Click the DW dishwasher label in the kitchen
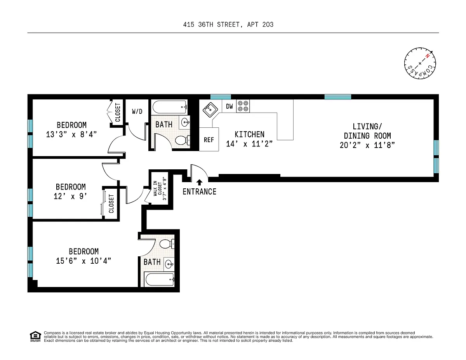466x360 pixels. pyautogui.click(x=229, y=106)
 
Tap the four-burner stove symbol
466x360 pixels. pyautogui.click(x=243, y=106)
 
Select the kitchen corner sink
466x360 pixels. pyautogui.click(x=210, y=110)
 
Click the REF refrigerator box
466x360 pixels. pyautogui.click(x=209, y=139)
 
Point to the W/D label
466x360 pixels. pyautogui.click(x=137, y=111)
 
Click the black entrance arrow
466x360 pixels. pyautogui.click(x=200, y=182)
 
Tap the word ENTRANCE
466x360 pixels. pyautogui.click(x=200, y=192)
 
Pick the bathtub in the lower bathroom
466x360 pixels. pyautogui.click(x=160, y=279)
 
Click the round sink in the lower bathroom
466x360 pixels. pyautogui.click(x=169, y=264)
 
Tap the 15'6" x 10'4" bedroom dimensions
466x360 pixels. pyautogui.click(x=83, y=261)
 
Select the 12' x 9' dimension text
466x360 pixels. pyautogui.click(x=70, y=197)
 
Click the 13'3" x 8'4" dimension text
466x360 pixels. pyautogui.click(x=71, y=135)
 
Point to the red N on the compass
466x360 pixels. pyautogui.click(x=428, y=56)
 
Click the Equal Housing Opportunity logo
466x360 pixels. pyautogui.click(x=35, y=337)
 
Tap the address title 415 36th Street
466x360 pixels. pyautogui.click(x=228, y=24)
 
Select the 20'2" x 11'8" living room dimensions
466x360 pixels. pyautogui.click(x=367, y=145)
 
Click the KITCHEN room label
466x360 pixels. pyautogui.click(x=249, y=135)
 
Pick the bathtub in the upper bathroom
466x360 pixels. pyautogui.click(x=169, y=107)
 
